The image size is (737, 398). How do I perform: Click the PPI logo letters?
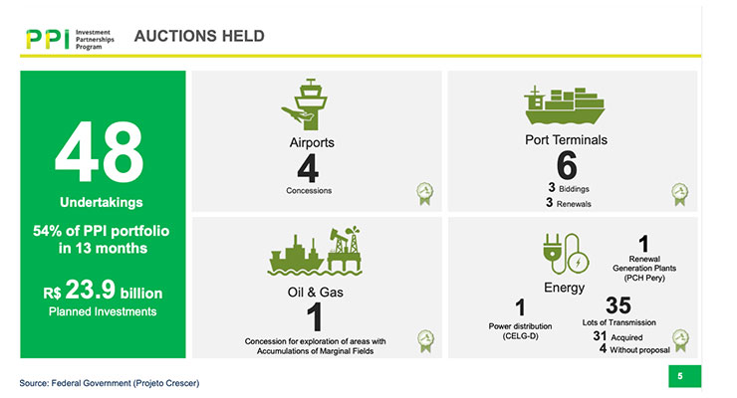click(48, 40)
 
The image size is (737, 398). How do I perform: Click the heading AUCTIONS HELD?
click(199, 36)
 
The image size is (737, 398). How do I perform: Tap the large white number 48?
click(100, 151)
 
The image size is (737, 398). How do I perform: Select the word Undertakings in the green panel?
click(102, 202)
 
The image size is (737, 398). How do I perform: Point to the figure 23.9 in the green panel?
click(91, 290)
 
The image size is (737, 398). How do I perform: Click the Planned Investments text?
click(103, 311)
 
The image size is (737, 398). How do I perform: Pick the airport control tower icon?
click(305, 104)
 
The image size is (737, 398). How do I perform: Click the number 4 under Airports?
click(309, 168)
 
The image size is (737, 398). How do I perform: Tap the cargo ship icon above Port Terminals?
click(565, 105)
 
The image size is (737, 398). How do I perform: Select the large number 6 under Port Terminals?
click(567, 165)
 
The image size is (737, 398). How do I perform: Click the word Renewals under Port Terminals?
click(574, 204)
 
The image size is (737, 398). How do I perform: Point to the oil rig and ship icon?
click(315, 251)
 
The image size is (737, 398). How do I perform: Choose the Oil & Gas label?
click(316, 293)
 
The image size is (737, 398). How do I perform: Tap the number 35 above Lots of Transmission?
click(618, 305)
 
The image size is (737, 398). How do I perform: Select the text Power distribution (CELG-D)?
click(520, 331)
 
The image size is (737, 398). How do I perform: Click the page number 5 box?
click(684, 376)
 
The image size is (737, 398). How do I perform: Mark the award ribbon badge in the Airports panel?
click(425, 193)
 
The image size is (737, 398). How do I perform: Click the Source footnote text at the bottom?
click(109, 383)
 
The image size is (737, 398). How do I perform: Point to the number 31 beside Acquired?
click(600, 336)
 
